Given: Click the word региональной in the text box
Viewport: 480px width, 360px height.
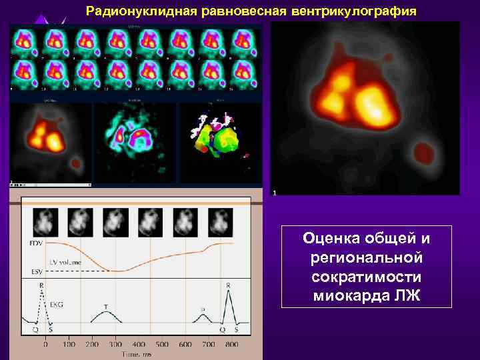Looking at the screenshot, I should coord(366,257).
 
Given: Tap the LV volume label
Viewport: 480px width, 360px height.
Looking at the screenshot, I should coord(65,262).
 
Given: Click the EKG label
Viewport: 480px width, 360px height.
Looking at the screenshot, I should coord(57,304).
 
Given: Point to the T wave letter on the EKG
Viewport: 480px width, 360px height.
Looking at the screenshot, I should coord(106,307).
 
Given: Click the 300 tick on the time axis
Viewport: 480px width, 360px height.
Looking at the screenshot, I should coord(115,345).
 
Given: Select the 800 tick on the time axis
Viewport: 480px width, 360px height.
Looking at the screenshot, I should coord(231,345).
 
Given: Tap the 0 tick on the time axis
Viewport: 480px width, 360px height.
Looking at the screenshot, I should coord(45,345).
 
